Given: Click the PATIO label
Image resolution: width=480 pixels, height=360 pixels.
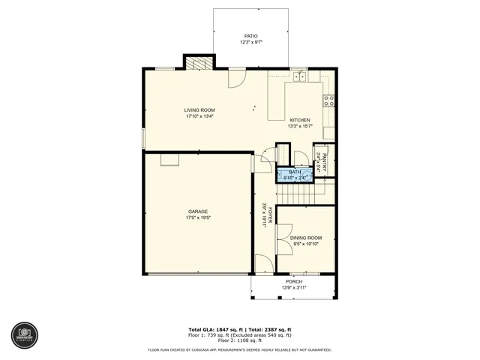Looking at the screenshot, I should click(x=250, y=36).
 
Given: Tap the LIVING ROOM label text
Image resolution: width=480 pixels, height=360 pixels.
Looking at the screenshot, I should click(x=199, y=110).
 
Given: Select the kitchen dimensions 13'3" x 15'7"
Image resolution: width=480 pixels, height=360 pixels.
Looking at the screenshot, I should click(x=300, y=126).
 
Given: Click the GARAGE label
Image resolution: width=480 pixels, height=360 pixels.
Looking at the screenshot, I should click(x=198, y=211).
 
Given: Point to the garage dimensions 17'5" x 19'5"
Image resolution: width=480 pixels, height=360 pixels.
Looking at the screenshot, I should click(x=198, y=218).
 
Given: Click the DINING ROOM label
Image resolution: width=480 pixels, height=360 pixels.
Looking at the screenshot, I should click(x=305, y=238).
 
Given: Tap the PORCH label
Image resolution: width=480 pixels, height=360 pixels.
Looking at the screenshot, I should click(x=293, y=282).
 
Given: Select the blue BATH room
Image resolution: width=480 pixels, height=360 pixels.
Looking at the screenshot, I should click(x=294, y=175).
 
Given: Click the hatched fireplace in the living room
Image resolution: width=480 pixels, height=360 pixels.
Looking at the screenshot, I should click(x=199, y=64).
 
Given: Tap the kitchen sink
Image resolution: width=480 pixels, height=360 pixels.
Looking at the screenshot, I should click(x=300, y=76).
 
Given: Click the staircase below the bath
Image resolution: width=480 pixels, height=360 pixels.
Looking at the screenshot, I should click(x=300, y=193).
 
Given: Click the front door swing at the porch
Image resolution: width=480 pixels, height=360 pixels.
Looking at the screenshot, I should click(x=262, y=264).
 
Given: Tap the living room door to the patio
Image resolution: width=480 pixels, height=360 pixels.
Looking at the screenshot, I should click(x=237, y=76).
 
